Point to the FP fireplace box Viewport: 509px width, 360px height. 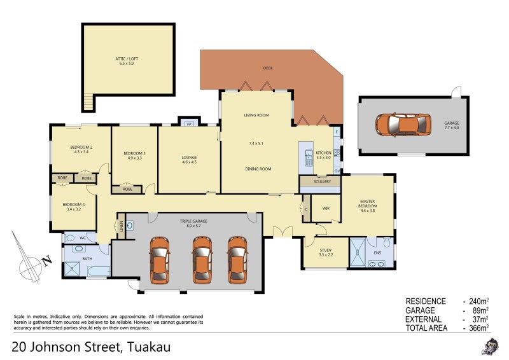click(x=189, y=123)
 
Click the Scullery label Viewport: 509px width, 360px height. click(x=322, y=182)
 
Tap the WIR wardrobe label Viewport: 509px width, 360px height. click(x=326, y=208)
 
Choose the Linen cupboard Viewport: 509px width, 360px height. click(x=120, y=226)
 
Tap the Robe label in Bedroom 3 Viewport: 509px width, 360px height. click(x=127, y=189)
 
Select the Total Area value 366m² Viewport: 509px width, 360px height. click(x=479, y=328)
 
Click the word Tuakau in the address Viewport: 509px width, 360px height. click(x=149, y=347)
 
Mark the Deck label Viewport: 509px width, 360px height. click(x=268, y=68)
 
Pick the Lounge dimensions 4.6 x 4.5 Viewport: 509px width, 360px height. click(x=189, y=163)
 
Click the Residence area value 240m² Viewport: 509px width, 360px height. click(x=479, y=301)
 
